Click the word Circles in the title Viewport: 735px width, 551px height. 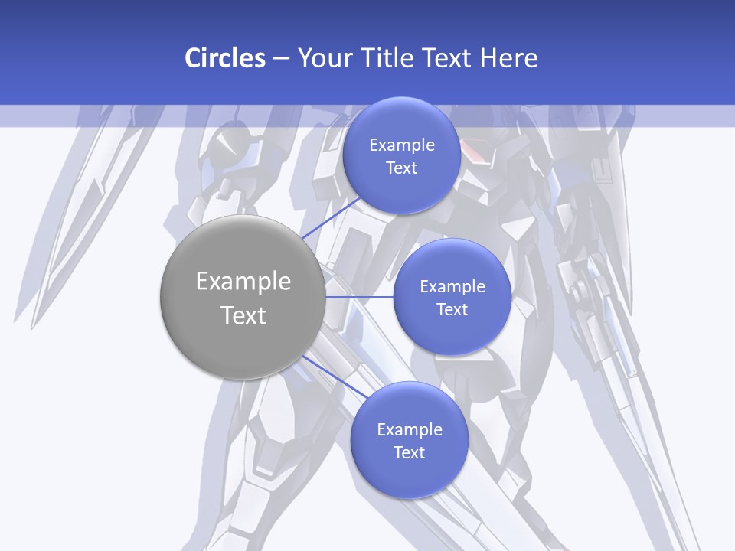coord(224,58)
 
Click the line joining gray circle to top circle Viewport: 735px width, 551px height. coord(331,218)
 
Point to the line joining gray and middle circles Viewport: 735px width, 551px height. coord(359,297)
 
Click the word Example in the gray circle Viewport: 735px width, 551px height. coord(243,282)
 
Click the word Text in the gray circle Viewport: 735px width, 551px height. coord(243,315)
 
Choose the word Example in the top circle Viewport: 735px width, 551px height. coord(401,145)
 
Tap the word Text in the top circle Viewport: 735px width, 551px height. coord(401,168)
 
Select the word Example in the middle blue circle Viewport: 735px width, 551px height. coord(452,287)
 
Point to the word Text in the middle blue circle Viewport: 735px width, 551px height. coord(452,310)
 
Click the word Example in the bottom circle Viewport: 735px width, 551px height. coord(409,430)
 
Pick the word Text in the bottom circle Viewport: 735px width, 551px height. coord(409,453)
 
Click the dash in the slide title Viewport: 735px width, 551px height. coord(280,59)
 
